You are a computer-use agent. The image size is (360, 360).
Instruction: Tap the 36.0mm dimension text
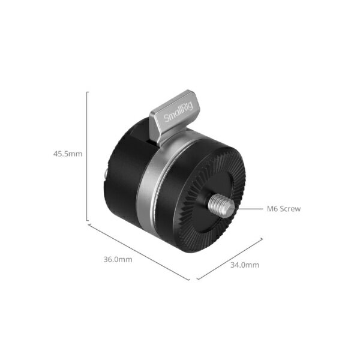[x=118, y=259]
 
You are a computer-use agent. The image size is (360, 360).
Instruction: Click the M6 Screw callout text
[x=283, y=209]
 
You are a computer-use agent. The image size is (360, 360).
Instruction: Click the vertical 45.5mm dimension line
[x=89, y=156]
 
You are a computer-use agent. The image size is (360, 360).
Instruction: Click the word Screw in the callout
[x=289, y=209]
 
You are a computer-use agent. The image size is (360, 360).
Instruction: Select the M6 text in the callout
[x=272, y=209]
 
